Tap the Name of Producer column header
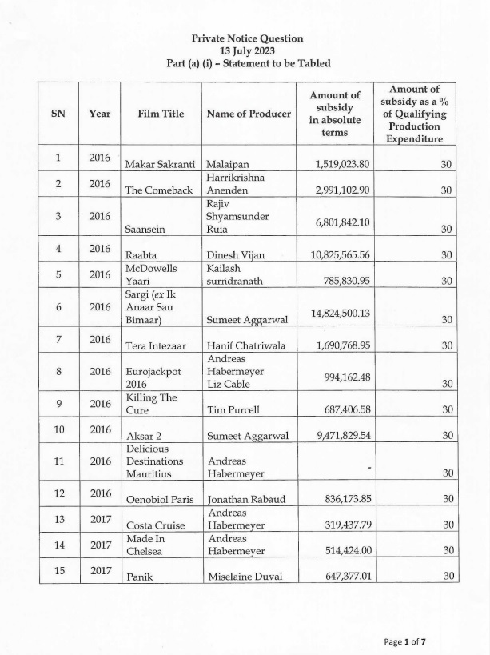click(x=249, y=114)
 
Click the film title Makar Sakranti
click(x=160, y=164)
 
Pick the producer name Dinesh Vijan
click(x=237, y=255)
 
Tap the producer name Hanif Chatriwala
click(x=249, y=345)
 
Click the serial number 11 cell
click(x=58, y=461)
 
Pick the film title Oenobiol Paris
click(x=160, y=500)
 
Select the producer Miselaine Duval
click(x=246, y=576)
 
